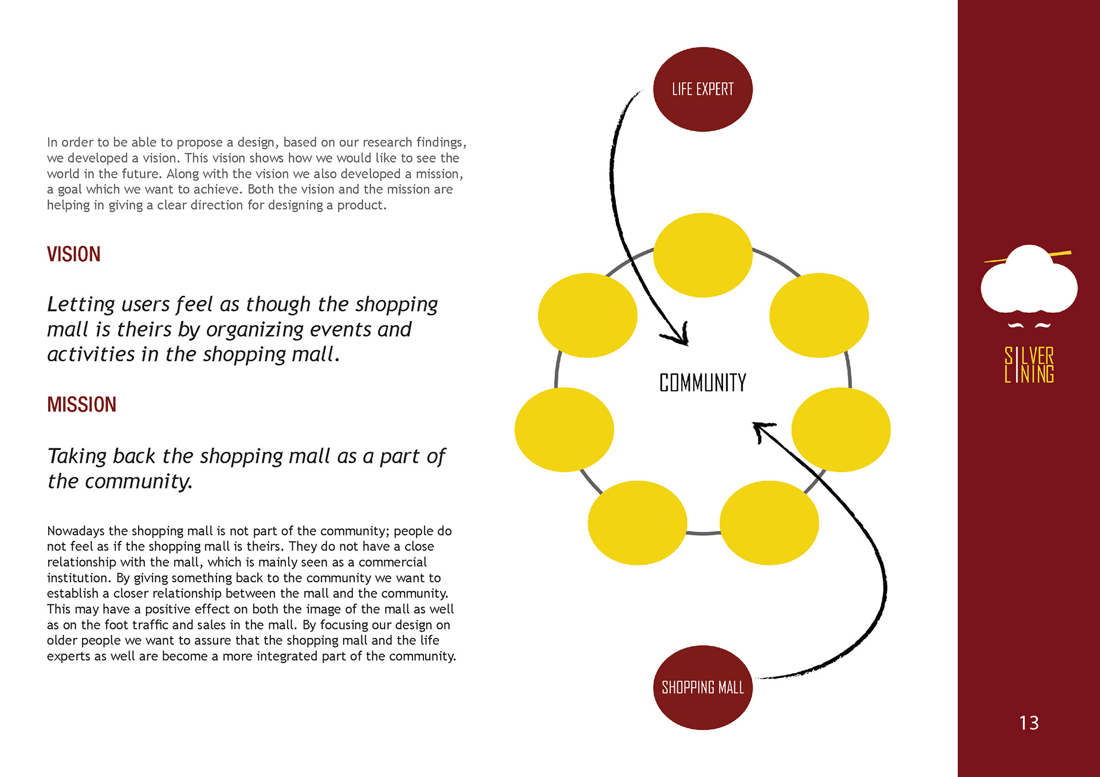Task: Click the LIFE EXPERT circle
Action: (x=702, y=89)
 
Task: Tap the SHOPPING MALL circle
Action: (x=702, y=687)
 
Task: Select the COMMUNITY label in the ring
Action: (x=702, y=382)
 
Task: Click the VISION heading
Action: (x=74, y=254)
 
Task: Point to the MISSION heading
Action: (x=82, y=405)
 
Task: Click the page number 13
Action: (x=1029, y=723)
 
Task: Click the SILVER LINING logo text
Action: (x=1029, y=365)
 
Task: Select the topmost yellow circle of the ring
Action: (x=702, y=255)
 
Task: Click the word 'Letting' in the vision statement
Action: (x=81, y=304)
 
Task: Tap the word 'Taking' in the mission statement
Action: (x=77, y=456)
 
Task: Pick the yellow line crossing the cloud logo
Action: (x=1028, y=257)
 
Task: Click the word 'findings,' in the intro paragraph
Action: (x=441, y=143)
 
